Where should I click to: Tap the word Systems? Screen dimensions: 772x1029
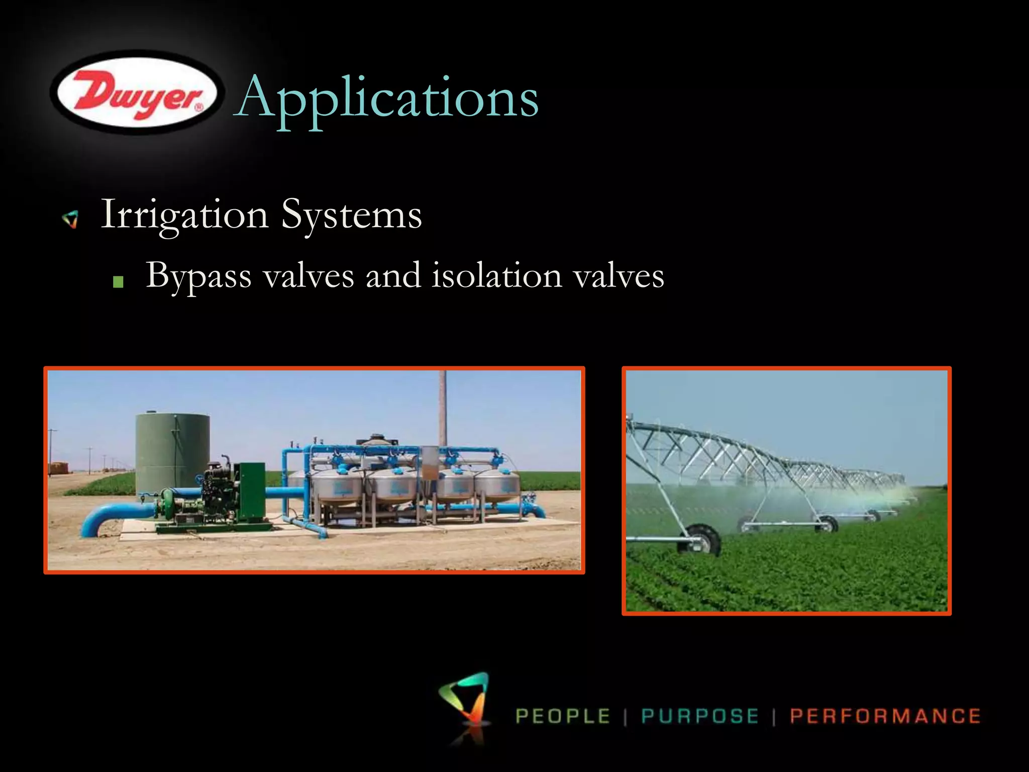[x=351, y=215]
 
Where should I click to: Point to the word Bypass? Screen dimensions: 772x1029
[x=198, y=276]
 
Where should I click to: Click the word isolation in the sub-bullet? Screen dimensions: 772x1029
[x=496, y=276]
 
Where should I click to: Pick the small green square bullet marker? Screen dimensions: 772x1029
[x=119, y=282]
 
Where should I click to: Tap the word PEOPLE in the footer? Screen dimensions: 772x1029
[x=563, y=716]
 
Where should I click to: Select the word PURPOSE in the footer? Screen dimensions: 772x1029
[x=699, y=716]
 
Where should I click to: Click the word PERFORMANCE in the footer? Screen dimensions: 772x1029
[x=885, y=716]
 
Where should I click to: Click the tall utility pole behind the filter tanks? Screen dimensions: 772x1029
[x=443, y=407]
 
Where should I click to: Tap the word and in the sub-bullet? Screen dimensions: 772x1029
[x=393, y=276]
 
